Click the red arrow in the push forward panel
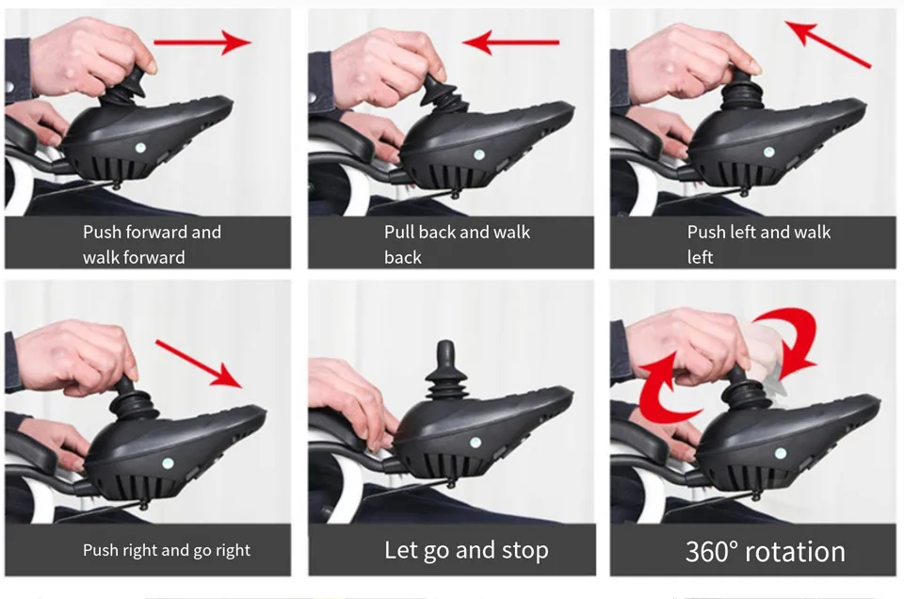(x=202, y=42)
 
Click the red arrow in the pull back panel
(x=510, y=42)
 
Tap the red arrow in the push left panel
(x=829, y=44)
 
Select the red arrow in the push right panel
(x=199, y=364)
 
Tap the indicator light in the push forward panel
(x=140, y=148)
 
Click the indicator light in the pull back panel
(x=478, y=154)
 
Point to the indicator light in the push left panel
(x=768, y=153)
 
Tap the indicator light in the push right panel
(x=168, y=463)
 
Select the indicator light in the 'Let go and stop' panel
(x=475, y=443)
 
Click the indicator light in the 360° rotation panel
(x=780, y=453)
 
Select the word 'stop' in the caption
(x=525, y=551)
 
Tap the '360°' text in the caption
(x=712, y=551)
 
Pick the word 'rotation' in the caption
(x=795, y=552)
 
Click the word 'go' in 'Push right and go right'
(x=202, y=551)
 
